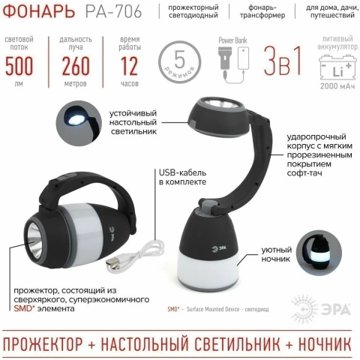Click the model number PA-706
pos(113,11)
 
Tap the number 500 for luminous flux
pos(19,66)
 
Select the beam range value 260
pos(76,66)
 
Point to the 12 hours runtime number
pos(129,66)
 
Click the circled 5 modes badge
pos(180,62)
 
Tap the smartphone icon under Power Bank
pos(243,58)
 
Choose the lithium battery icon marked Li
pos(337,68)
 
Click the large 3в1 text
pos(283,61)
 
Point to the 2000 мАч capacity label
pos(337,86)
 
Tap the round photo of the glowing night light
pos(320,253)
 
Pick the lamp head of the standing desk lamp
pos(217,117)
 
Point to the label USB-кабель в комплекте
pos(183,177)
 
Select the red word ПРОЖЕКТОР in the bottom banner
pos(43,344)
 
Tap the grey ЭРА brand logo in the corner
pos(321,310)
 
